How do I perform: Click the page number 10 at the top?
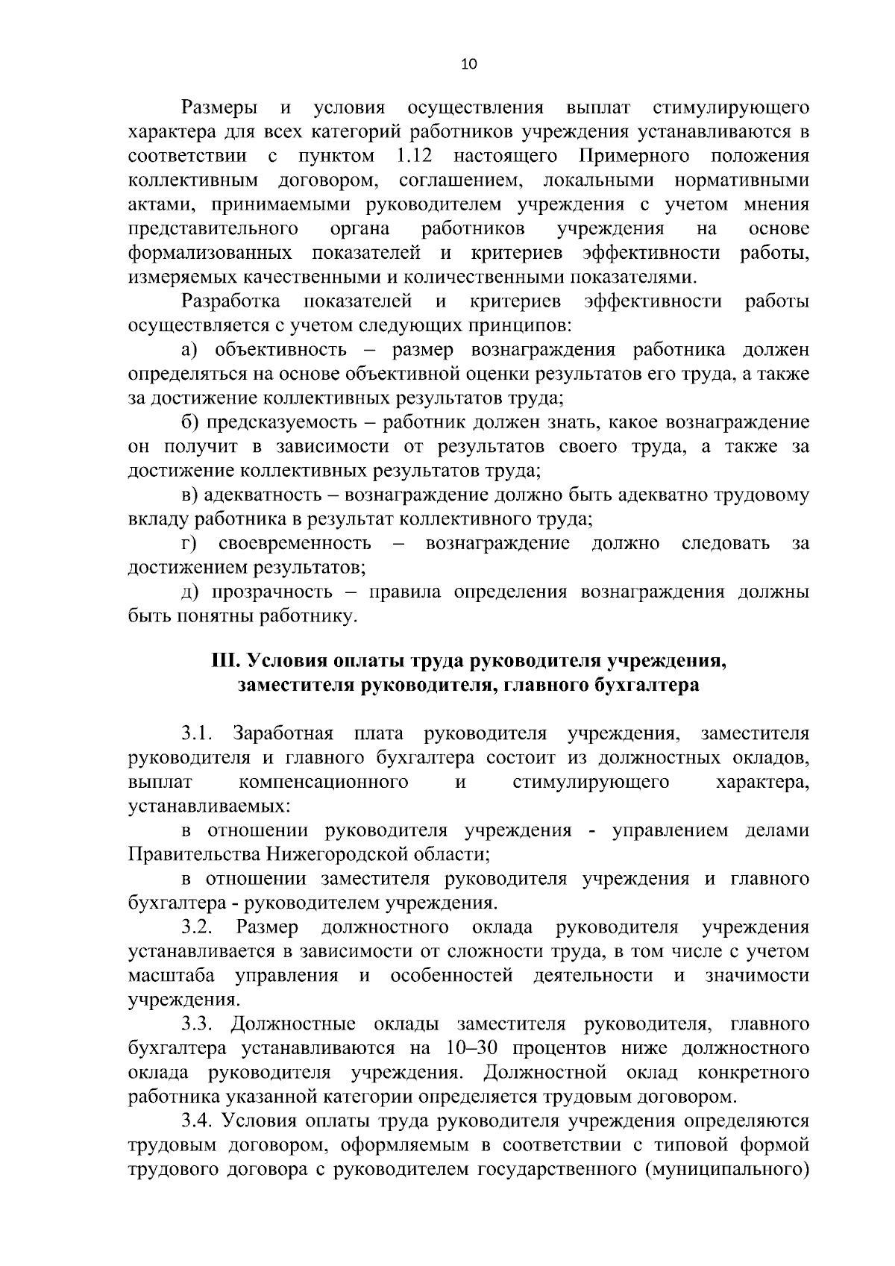468,64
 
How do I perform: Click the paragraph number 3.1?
198,734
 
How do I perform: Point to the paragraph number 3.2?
198,927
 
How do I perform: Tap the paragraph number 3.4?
198,1121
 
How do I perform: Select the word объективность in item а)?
280,350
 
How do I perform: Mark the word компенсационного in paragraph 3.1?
324,783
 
